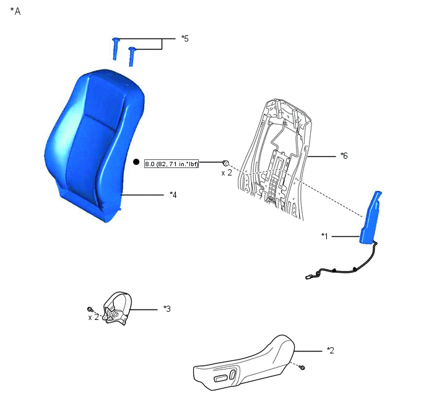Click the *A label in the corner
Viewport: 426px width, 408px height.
pos(15,11)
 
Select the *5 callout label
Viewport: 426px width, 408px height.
pos(185,38)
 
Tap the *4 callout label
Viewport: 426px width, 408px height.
pos(173,195)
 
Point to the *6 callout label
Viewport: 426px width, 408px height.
pos(344,156)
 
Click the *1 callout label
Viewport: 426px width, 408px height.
pos(324,236)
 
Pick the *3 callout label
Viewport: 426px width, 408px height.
pos(167,309)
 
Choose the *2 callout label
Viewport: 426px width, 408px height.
pos(331,350)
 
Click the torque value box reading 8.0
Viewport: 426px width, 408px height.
pos(172,164)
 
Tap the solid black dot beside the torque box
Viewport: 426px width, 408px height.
pos(136,162)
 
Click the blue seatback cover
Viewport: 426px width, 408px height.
pos(93,144)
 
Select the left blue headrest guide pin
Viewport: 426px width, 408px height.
pos(115,49)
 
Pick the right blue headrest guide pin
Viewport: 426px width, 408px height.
pos(132,56)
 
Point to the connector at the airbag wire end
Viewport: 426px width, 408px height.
pos(308,277)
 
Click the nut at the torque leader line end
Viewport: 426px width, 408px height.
pos(225,163)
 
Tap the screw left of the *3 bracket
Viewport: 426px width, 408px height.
pos(90,309)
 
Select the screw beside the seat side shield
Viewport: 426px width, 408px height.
pos(302,368)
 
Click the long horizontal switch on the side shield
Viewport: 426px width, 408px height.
pos(220,378)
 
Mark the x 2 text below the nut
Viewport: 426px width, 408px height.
pos(227,173)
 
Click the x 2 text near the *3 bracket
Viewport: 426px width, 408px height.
pos(93,317)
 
